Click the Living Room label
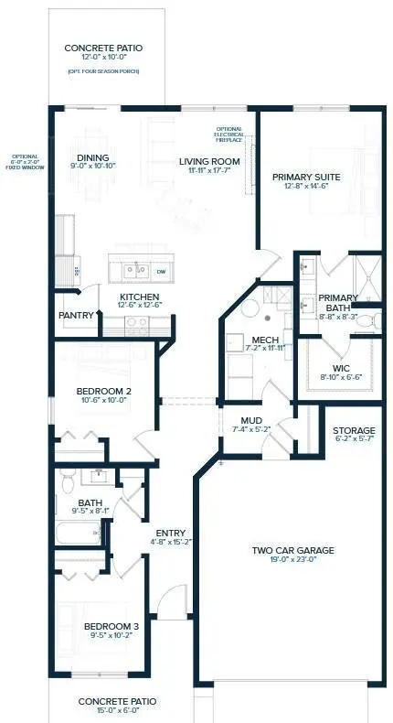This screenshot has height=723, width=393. tap(203, 162)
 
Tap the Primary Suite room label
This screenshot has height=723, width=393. tap(306, 177)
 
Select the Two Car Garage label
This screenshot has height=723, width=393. tap(293, 551)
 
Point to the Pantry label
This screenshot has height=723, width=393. tap(77, 316)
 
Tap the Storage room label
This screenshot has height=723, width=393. tap(354, 430)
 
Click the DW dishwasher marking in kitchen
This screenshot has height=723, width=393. tap(160, 272)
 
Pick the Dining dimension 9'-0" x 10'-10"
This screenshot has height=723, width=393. tap(92, 167)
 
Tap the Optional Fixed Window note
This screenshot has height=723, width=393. tap(20, 162)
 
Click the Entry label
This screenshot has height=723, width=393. tap(171, 534)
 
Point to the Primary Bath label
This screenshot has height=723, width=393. tap(338, 303)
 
